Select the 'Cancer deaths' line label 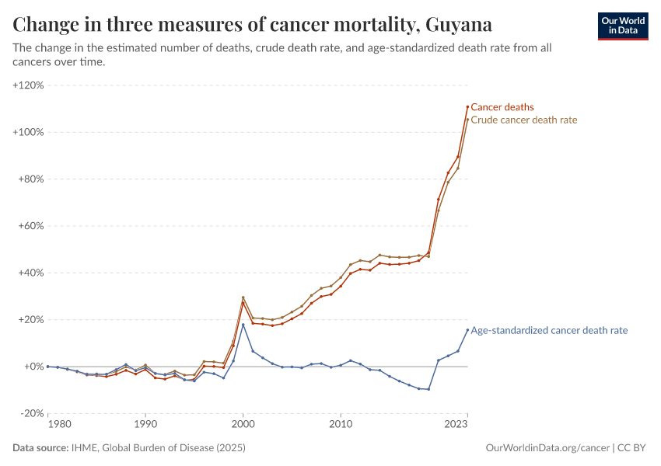click(502, 107)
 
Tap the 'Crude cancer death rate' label click(524, 120)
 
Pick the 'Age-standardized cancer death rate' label click(549, 330)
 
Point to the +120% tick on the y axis click(29, 85)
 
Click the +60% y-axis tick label click(31, 226)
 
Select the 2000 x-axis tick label click(243, 425)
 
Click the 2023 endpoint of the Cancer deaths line click(467, 106)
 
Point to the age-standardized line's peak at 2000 click(243, 325)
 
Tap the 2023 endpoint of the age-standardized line click(467, 329)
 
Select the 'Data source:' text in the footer click(40, 448)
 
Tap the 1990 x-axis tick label click(145, 425)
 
